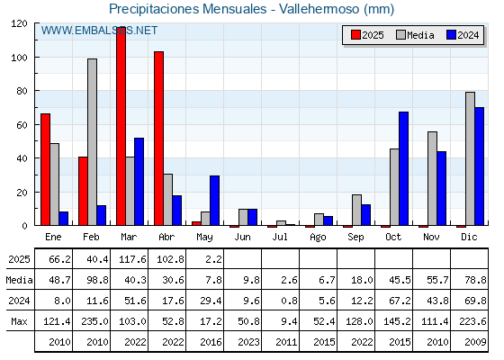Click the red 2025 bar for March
[x=121, y=126]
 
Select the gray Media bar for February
[x=92, y=142]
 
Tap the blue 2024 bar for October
[x=404, y=169]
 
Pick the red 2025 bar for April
[x=158, y=139]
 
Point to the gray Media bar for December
[x=470, y=158]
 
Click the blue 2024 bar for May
[x=215, y=201]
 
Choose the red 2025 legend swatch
[x=355, y=35]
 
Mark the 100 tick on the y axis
[x=36, y=58]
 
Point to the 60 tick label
[x=22, y=125]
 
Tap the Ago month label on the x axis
[x=318, y=238]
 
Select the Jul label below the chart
[x=280, y=237]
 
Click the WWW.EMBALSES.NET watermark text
[x=99, y=31]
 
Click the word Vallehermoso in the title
[x=319, y=9]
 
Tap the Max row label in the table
[x=19, y=321]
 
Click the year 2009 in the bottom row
[x=475, y=342]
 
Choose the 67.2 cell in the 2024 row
[x=400, y=301]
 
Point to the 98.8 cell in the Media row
[x=97, y=280]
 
